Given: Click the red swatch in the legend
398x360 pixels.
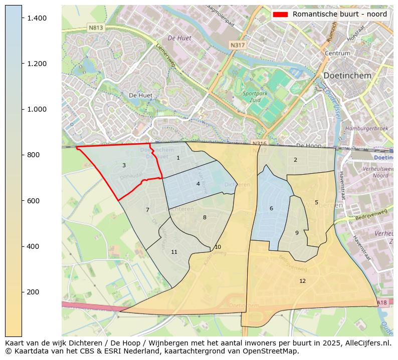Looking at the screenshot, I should [x=280, y=15].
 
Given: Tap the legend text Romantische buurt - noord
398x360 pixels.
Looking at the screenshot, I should [x=339, y=15].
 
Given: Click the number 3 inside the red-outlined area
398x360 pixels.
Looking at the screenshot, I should [x=124, y=165].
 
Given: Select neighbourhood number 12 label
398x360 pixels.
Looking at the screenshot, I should [x=302, y=281].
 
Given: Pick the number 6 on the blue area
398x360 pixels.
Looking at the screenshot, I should [x=271, y=208].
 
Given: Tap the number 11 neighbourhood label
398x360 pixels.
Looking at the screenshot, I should [x=174, y=252].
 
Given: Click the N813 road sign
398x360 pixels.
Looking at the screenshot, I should [x=95, y=28].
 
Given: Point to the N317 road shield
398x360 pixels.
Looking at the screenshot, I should [x=237, y=45].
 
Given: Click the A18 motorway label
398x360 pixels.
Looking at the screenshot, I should [x=381, y=302].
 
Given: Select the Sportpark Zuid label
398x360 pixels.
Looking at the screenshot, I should [x=255, y=96].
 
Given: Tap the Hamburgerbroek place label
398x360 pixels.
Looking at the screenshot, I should [x=366, y=128].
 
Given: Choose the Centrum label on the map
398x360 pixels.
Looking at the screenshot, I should [x=337, y=53].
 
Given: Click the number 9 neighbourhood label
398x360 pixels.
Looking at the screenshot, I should [x=297, y=233].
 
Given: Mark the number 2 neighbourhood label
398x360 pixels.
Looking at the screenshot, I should [x=295, y=160].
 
